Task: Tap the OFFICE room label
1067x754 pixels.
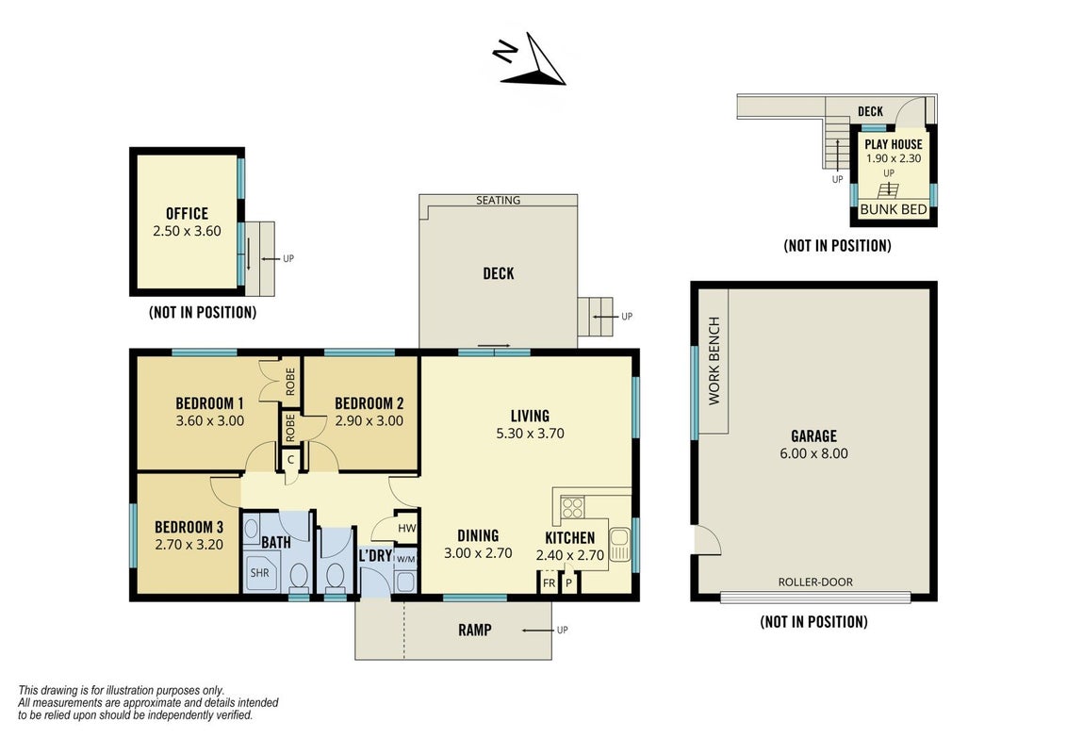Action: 188,214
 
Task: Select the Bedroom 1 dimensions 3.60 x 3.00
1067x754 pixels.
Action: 209,421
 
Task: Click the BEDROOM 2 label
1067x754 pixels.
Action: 369,403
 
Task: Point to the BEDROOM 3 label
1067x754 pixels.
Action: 189,527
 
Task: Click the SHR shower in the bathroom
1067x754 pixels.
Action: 260,573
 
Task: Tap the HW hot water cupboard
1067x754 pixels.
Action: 406,528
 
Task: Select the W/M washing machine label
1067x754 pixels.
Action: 405,560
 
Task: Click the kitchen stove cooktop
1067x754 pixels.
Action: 572,507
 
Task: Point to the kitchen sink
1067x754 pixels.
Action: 619,545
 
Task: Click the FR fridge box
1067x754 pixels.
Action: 549,583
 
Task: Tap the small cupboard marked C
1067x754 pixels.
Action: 290,459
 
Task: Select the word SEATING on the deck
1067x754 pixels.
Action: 498,200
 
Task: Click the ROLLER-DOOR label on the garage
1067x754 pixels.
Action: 815,582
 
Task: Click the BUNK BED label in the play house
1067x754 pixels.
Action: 894,209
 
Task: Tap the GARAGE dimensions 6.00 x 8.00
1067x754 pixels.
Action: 813,454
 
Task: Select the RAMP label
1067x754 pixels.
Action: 475,631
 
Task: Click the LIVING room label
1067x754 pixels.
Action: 530,416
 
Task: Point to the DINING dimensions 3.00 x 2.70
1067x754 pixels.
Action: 478,553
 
